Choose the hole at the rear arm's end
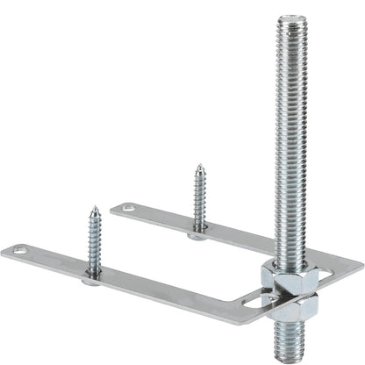tap(129, 209)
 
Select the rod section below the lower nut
tap(287, 337)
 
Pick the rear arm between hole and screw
tap(162, 217)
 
